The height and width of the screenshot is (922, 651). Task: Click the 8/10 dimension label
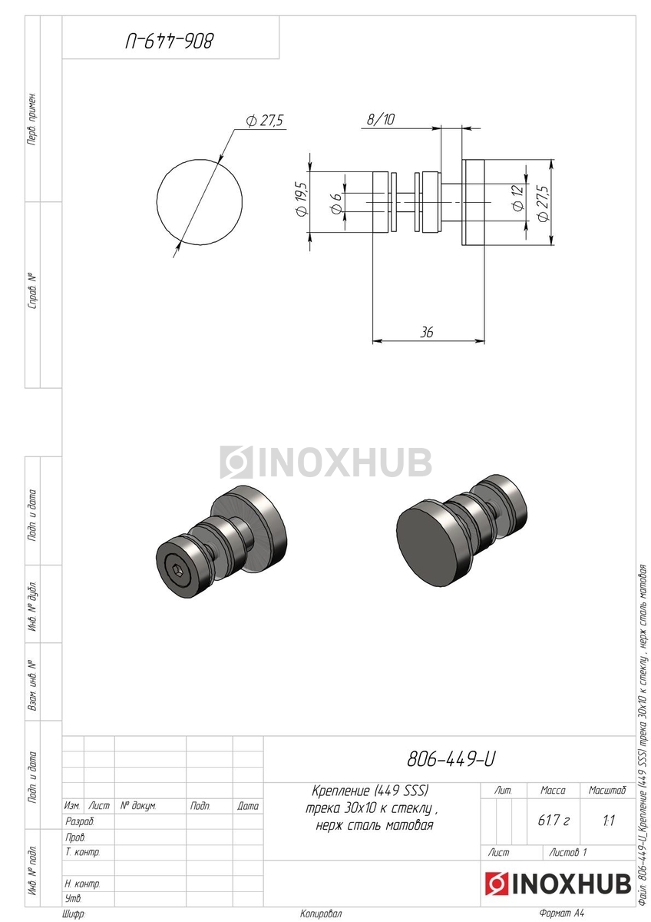coord(381,119)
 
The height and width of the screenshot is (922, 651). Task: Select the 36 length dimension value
coord(427,332)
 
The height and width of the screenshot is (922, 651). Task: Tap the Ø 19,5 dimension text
coord(301,199)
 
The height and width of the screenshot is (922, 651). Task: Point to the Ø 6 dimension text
coord(336,203)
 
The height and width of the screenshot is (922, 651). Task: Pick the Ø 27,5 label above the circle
coord(264,121)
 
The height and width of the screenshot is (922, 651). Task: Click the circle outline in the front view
coord(157,203)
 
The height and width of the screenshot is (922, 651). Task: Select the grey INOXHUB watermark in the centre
coord(325,462)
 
